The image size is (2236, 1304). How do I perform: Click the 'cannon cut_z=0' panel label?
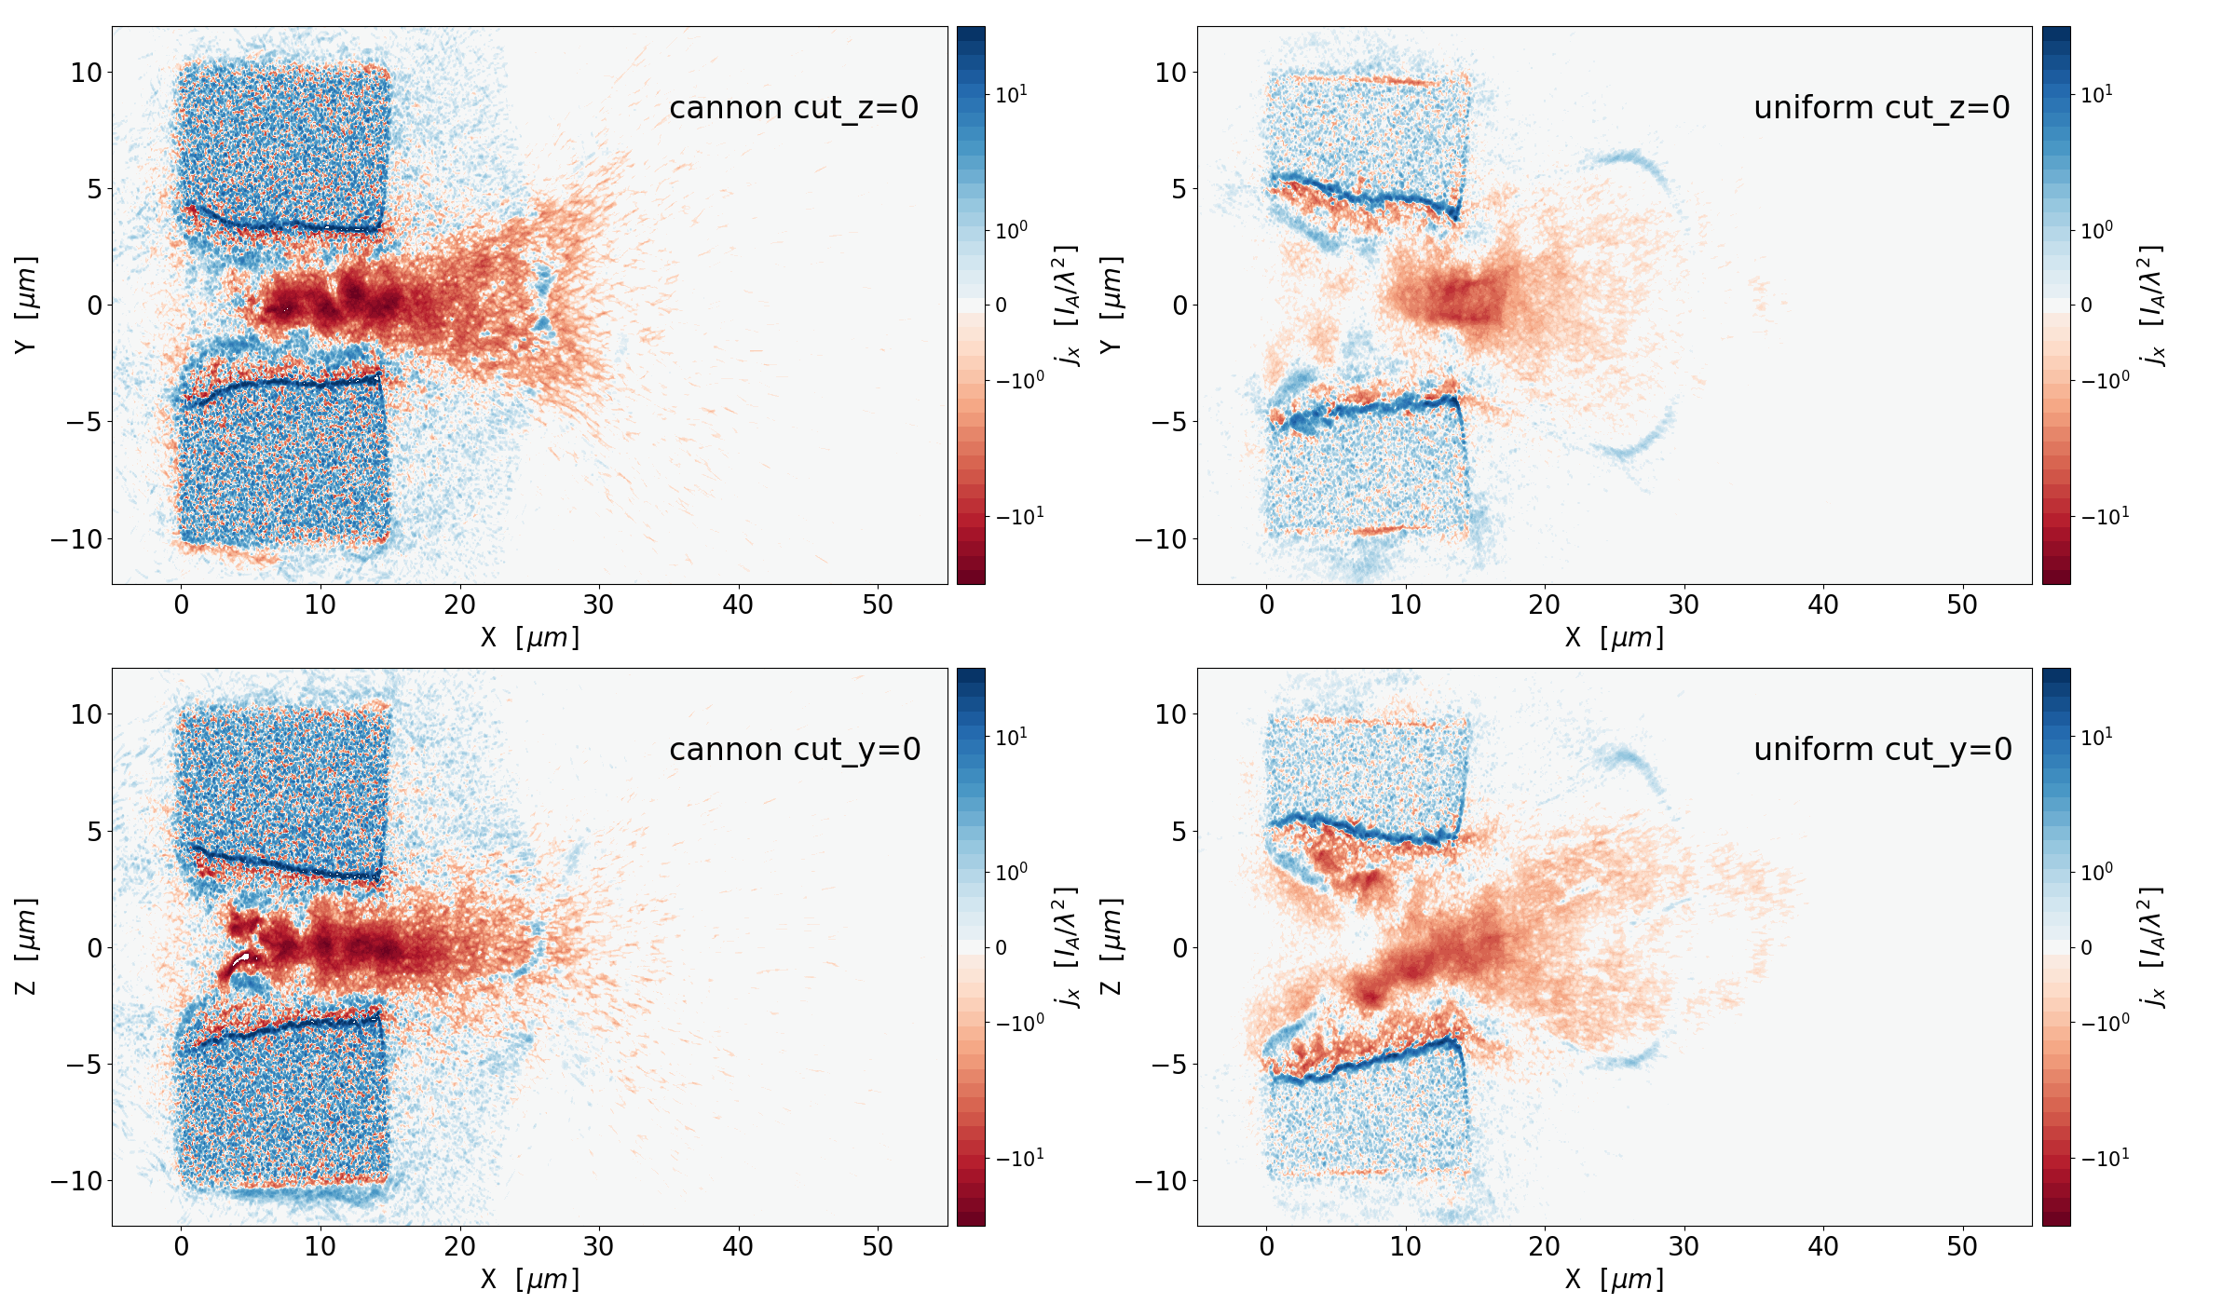pyautogui.click(x=794, y=108)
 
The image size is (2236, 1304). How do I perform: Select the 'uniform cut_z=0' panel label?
pyautogui.click(x=1881, y=108)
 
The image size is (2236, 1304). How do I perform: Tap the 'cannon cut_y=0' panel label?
pyautogui.click(x=795, y=750)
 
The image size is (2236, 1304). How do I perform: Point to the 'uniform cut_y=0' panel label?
pyautogui.click(x=1882, y=750)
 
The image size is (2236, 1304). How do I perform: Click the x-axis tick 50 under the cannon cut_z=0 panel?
pyautogui.click(x=878, y=605)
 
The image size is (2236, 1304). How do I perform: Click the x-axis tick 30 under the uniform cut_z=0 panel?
pyautogui.click(x=1684, y=605)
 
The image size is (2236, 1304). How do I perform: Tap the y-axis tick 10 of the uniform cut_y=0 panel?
pyautogui.click(x=1171, y=714)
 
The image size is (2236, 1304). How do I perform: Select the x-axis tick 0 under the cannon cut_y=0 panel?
pyautogui.click(x=182, y=1247)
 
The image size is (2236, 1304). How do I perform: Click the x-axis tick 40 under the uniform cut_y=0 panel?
pyautogui.click(x=1823, y=1247)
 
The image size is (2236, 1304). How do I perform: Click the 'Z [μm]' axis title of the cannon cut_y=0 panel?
pyautogui.click(x=26, y=946)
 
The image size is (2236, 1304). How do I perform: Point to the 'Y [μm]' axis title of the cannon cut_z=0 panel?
pyautogui.click(x=26, y=305)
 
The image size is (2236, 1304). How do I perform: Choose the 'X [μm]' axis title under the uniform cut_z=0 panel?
pyautogui.click(x=1614, y=638)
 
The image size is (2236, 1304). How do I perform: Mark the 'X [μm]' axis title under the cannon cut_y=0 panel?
pyautogui.click(x=529, y=1280)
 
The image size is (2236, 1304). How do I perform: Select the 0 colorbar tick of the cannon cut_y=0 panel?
pyautogui.click(x=1002, y=947)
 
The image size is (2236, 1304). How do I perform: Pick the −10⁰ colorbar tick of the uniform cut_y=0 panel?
pyautogui.click(x=2105, y=1023)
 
